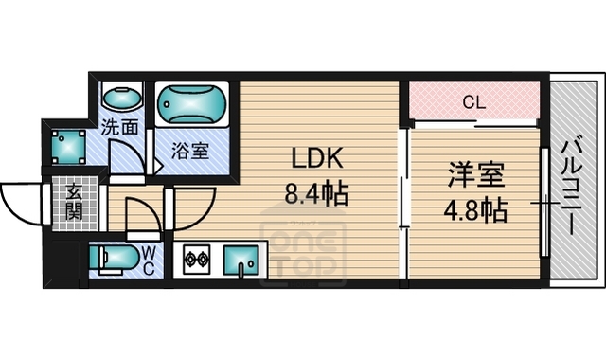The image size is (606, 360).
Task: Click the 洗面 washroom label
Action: point(120,126)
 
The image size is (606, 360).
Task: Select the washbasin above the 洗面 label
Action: point(120,99)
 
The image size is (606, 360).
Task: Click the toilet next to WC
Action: point(112,259)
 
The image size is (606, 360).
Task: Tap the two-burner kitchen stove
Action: point(196,258)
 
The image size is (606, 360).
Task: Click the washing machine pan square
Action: point(69,144)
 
